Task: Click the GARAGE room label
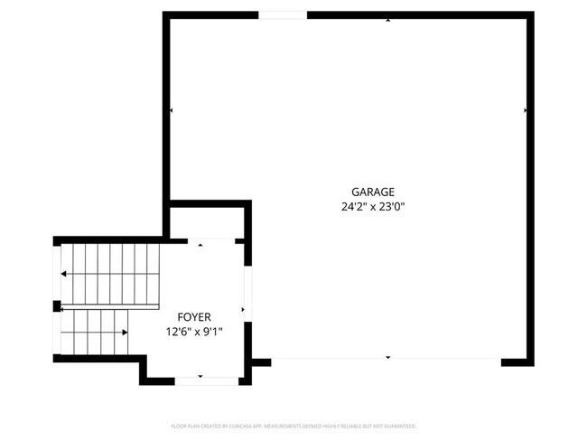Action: pyautogui.click(x=373, y=192)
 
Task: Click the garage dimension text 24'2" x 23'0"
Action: pyautogui.click(x=373, y=206)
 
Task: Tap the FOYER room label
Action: pyautogui.click(x=194, y=317)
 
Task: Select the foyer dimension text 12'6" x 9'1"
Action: pyautogui.click(x=194, y=332)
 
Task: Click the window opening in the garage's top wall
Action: pyautogui.click(x=283, y=14)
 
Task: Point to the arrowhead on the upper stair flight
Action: pyautogui.click(x=63, y=273)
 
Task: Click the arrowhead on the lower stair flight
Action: pyautogui.click(x=124, y=332)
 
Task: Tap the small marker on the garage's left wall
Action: pyautogui.click(x=171, y=110)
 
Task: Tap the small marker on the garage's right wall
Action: pyautogui.click(x=526, y=110)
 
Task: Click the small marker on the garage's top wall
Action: pyautogui.click(x=388, y=19)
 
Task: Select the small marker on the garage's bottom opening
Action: pyautogui.click(x=388, y=358)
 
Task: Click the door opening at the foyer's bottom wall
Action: pyautogui.click(x=200, y=381)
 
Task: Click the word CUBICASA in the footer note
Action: pyautogui.click(x=232, y=426)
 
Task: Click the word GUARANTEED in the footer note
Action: pyautogui.click(x=396, y=426)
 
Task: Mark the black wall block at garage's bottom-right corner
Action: pyautogui.click(x=517, y=361)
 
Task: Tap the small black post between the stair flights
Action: pyautogui.click(x=58, y=305)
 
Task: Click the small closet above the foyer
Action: pyautogui.click(x=207, y=222)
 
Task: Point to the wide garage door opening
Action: pyautogui.click(x=387, y=360)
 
